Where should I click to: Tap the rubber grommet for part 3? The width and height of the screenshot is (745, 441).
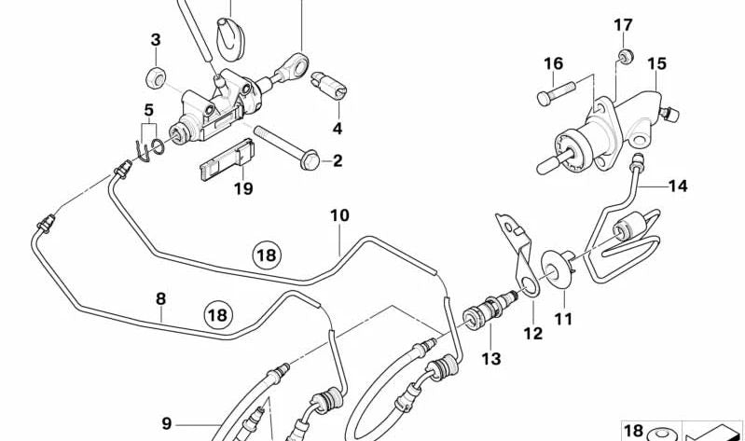tap(157, 74)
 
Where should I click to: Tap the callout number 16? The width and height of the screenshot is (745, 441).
tap(553, 63)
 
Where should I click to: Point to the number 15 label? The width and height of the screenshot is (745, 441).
tap(656, 63)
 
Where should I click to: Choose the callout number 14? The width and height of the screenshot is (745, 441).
tap(677, 186)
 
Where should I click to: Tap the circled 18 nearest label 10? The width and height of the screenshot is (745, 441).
tap(267, 255)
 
